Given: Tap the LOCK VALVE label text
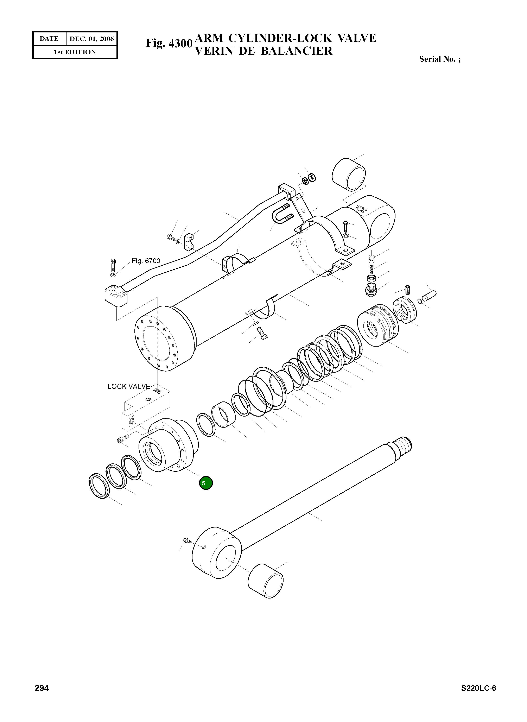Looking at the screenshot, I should click(129, 386).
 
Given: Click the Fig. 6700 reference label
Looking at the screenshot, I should click(146, 261).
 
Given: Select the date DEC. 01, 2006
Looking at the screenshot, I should click(91, 39).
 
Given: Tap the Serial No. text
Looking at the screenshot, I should click(440, 59).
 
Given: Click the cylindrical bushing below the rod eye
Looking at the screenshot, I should click(265, 581).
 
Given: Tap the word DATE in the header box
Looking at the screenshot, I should click(49, 39).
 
